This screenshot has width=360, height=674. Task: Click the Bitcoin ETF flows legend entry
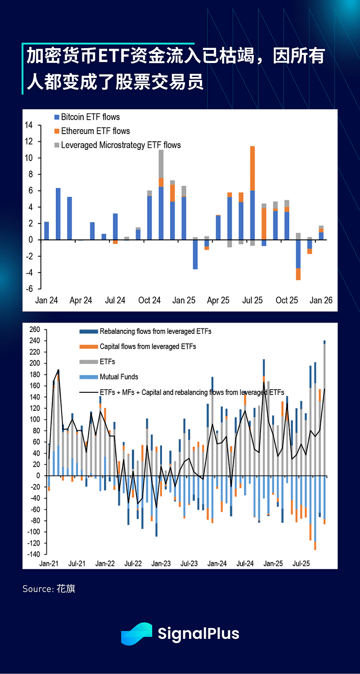click(x=90, y=117)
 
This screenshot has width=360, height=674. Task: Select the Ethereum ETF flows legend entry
click(x=95, y=131)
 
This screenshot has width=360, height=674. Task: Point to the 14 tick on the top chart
click(x=28, y=125)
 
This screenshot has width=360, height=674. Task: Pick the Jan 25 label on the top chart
click(x=184, y=300)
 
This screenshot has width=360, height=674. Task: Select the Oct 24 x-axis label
click(x=149, y=300)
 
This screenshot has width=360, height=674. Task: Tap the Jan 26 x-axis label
click(x=321, y=300)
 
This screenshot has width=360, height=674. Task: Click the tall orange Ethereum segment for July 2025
click(x=252, y=168)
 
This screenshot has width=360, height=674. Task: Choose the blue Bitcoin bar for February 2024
click(x=58, y=214)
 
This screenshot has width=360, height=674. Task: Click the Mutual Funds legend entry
click(x=119, y=377)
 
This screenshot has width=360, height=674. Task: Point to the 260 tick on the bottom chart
click(x=35, y=330)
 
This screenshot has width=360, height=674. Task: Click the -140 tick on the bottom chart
click(x=34, y=554)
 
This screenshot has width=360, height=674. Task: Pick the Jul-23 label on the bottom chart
click(x=189, y=563)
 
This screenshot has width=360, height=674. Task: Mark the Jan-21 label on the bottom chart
click(x=49, y=563)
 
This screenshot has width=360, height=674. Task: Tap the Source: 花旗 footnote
click(x=49, y=589)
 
